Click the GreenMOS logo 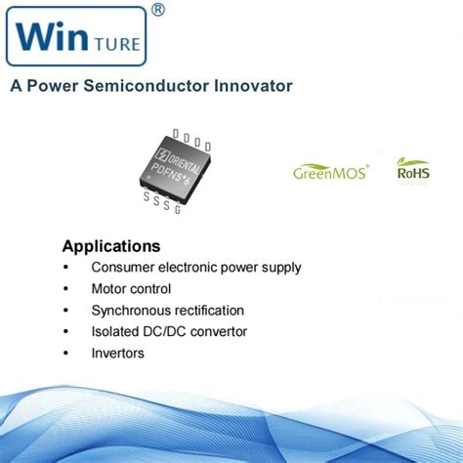(331, 172)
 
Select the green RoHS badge (412, 170)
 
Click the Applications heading (110, 245)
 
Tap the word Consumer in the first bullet (122, 267)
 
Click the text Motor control (131, 288)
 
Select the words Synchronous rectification (167, 310)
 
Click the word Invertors (117, 353)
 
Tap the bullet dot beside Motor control (65, 288)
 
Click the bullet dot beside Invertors (65, 353)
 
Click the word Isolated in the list (116, 331)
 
